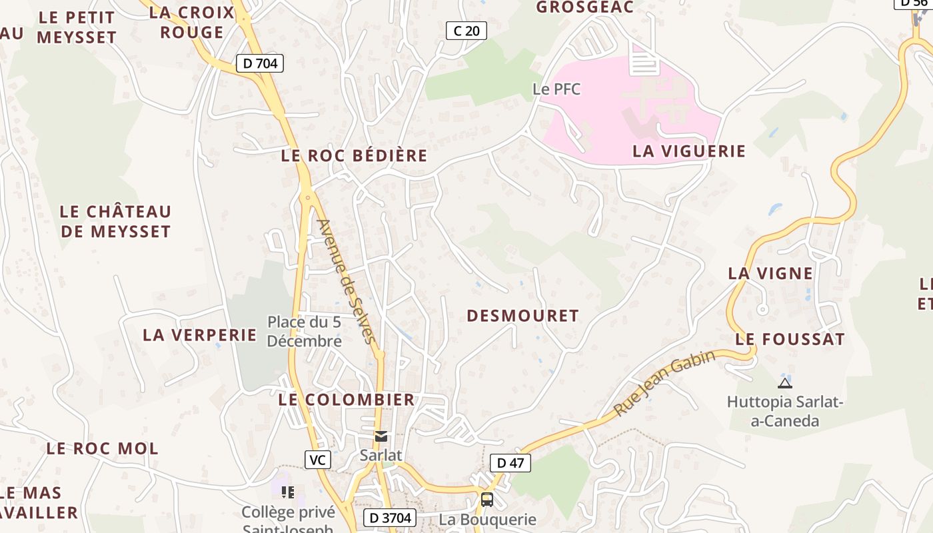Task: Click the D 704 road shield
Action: (260, 63)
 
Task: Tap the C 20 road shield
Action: (467, 30)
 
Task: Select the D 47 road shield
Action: (510, 463)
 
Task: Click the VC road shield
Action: (318, 459)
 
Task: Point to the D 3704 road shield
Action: (390, 518)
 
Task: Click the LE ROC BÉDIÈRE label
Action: (354, 156)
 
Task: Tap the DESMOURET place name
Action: (522, 316)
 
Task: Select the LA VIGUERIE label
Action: (689, 151)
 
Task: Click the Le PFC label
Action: (556, 89)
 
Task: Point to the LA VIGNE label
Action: (770, 273)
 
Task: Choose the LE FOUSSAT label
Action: (790, 339)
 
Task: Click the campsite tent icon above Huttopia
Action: (785, 382)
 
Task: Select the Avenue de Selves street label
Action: (347, 281)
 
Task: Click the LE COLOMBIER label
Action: (347, 400)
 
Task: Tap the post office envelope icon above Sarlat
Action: (381, 436)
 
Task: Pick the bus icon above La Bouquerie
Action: (487, 499)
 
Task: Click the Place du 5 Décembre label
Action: (305, 332)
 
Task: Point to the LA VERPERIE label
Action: (200, 334)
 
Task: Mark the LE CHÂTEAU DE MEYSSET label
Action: (115, 222)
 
